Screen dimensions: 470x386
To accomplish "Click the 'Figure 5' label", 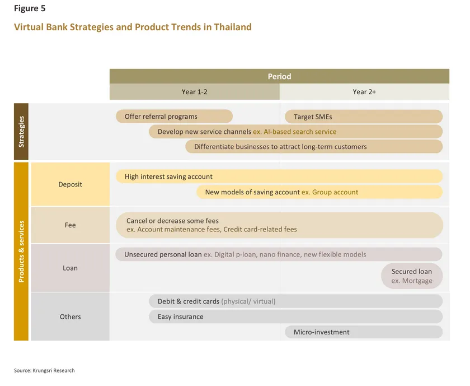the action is (30, 8).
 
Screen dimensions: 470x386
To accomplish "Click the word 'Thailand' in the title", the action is (233, 27).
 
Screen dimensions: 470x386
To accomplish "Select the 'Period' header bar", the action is (279, 76).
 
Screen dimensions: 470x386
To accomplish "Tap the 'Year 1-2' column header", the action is (195, 91).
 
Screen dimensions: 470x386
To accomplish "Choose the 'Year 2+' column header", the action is (364, 91).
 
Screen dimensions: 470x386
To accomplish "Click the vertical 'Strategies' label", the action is (21, 132).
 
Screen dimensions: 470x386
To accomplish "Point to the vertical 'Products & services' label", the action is (21, 252).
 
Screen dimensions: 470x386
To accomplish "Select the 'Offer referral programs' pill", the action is (174, 117).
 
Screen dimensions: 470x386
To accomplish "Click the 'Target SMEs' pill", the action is (364, 117).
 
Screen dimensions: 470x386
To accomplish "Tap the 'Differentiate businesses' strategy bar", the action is (314, 147).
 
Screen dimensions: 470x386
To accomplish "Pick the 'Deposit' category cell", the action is (70, 184).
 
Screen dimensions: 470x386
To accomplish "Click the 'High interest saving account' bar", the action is (279, 176).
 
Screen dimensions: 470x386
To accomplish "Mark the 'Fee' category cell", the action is (70, 225).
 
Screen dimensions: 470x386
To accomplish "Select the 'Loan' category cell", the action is (70, 268).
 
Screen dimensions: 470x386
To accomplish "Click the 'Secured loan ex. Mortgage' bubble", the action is (412, 276).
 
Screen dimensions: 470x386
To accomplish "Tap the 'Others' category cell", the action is (70, 317).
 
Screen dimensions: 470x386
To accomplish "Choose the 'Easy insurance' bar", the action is (295, 317).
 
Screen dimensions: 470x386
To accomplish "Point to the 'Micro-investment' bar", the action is (364, 332).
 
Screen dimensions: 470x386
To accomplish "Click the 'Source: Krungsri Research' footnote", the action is (44, 370).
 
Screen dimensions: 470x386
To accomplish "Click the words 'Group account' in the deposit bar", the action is (335, 192).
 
